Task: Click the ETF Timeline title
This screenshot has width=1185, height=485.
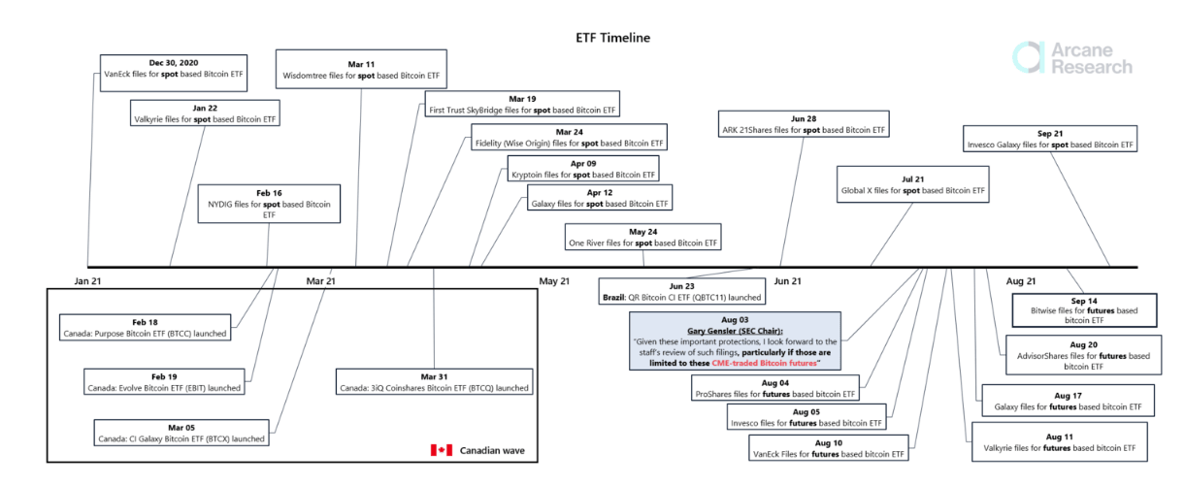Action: coord(612,38)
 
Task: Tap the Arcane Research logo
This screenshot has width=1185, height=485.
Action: coord(1072,57)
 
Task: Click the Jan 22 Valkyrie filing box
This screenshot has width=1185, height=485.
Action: coord(204,113)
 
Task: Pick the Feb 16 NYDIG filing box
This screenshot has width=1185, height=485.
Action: coord(269,204)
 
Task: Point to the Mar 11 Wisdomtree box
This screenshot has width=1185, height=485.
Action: coord(361,68)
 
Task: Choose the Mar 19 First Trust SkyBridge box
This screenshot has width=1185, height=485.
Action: coord(523,104)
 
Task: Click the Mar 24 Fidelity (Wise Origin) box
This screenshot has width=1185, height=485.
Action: coord(568,138)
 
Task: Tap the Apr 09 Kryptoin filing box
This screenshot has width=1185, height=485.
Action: coord(583,169)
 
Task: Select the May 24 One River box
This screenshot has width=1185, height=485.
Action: coord(643,237)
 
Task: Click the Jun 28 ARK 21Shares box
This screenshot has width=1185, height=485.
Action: coord(803,123)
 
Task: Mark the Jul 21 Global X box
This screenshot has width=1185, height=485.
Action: coord(912,185)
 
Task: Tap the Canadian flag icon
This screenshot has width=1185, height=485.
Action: coord(442,450)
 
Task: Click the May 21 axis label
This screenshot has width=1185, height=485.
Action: coord(555,281)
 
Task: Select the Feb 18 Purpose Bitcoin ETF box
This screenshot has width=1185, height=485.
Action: coord(145,327)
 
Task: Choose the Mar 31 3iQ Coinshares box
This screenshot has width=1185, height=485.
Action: coord(434,381)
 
